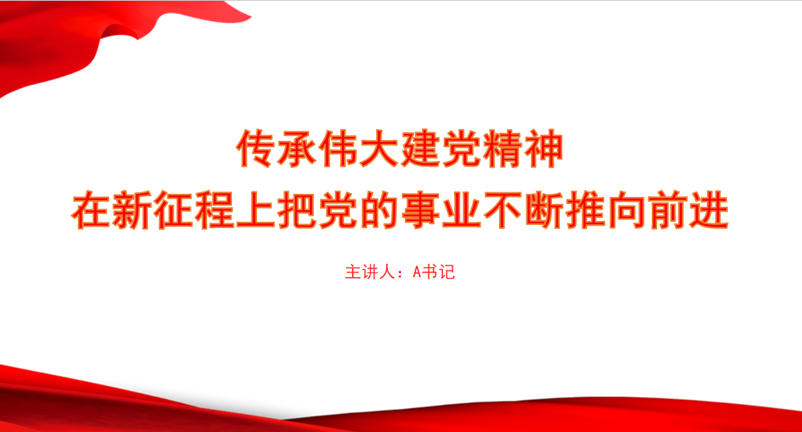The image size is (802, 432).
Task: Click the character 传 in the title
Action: pyautogui.click(x=256, y=149)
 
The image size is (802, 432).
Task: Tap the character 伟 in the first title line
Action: pyautogui.click(x=339, y=149)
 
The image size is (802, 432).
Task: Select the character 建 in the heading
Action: pyautogui.click(x=420, y=149)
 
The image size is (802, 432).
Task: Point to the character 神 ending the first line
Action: pyautogui.click(x=543, y=149)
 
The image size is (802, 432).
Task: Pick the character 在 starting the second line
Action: pyautogui.click(x=91, y=209)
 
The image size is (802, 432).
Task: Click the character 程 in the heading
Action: pyautogui.click(x=215, y=209)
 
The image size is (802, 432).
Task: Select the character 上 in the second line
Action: pyautogui.click(x=255, y=209)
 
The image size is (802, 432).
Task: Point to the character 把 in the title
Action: pyautogui.click(x=297, y=209)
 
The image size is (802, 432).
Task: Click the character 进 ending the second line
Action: pyautogui.click(x=709, y=209)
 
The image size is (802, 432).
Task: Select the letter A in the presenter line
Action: pyautogui.click(x=417, y=272)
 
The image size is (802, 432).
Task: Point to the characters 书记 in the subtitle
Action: pyautogui.click(x=438, y=272)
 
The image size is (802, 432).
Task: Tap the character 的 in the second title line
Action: pyautogui.click(x=379, y=209)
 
